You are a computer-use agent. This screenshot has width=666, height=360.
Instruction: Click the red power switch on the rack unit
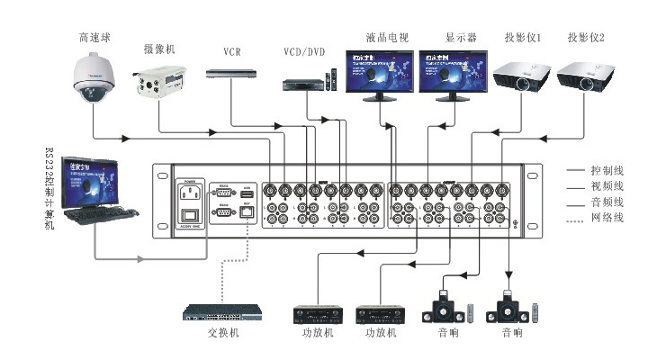[190, 216]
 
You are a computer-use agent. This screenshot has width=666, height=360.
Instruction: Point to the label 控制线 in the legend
[607, 169]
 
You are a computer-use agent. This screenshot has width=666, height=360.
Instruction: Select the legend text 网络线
[607, 218]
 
